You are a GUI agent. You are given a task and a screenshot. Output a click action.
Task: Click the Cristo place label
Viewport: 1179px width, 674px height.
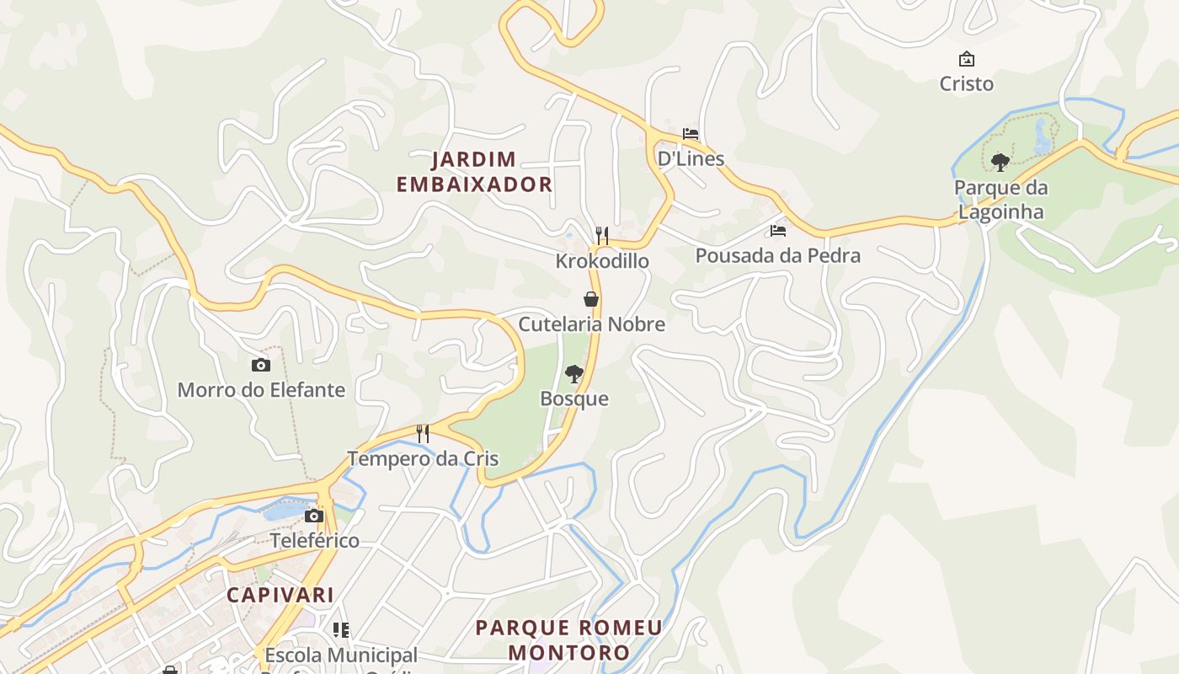pos(966,83)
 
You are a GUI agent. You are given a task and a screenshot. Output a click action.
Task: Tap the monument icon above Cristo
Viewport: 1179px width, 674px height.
pos(967,59)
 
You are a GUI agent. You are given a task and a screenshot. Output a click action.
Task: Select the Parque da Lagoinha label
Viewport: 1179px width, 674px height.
pos(1000,200)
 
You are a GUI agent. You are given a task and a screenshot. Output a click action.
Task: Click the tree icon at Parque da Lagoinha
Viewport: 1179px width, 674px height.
pos(1000,162)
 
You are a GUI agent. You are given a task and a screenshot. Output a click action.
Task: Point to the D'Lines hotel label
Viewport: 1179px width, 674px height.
pos(691,158)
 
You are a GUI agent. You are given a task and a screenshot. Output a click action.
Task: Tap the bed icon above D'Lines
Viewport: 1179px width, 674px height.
pos(691,134)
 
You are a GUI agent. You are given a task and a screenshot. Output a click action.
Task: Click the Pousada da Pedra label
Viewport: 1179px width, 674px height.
pos(777,255)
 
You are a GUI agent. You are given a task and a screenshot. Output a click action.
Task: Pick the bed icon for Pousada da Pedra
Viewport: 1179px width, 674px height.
pos(777,230)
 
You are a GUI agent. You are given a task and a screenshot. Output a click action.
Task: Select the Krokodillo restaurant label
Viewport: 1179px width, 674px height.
pos(601,261)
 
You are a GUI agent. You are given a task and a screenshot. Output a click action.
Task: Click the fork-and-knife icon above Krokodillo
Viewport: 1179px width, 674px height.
pos(601,235)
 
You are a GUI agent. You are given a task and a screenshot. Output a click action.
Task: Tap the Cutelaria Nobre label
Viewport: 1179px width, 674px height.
pos(591,324)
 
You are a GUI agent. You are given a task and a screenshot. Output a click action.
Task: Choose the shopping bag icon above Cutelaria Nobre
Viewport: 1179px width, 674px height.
pos(591,299)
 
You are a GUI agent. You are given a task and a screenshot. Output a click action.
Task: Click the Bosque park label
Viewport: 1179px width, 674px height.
pos(574,399)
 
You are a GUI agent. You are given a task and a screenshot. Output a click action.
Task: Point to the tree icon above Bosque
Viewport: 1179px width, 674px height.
pos(574,373)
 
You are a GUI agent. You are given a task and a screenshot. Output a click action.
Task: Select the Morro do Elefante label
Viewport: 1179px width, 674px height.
pos(261,390)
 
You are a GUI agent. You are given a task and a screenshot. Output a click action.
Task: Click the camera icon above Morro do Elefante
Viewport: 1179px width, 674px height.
pos(261,365)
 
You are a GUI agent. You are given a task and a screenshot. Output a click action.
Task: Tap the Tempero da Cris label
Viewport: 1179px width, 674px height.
pos(423,459)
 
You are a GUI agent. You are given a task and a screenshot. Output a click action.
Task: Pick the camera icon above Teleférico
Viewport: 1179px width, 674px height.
pos(314,516)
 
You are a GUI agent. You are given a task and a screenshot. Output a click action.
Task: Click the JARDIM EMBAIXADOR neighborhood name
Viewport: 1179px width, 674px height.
pos(474,172)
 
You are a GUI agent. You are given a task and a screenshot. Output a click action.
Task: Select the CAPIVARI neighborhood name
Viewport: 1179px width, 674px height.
pos(280,595)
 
